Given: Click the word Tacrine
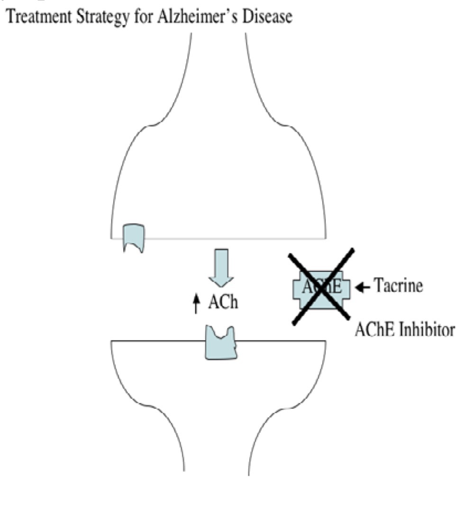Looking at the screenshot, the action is (399, 286).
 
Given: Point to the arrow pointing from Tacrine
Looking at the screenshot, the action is (363, 286).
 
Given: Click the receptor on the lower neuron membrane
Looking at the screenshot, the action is (220, 342).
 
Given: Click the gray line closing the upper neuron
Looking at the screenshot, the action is (227, 238).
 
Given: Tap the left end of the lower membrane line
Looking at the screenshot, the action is (112, 341).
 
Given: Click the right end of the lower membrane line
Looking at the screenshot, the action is (325, 341).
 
